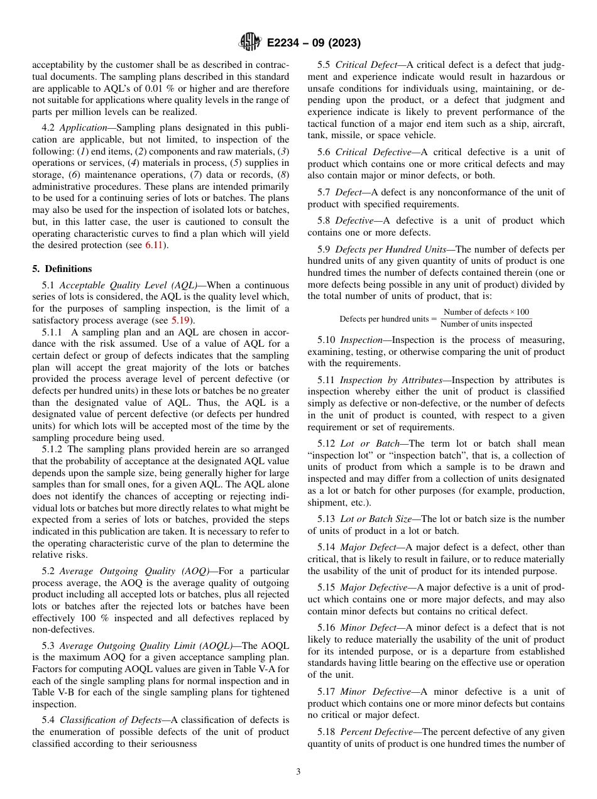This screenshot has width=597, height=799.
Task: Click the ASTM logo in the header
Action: (249, 43)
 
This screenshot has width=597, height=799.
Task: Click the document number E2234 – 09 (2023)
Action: (314, 43)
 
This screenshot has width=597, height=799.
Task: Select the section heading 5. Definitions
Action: (62, 269)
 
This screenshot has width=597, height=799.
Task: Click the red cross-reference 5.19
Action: (180, 320)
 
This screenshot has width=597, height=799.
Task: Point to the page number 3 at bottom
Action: (298, 772)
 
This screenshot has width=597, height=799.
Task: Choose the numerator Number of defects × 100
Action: (486, 312)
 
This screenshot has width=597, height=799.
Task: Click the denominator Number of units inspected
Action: (486, 324)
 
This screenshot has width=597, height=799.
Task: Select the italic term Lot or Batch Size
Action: (375, 519)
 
